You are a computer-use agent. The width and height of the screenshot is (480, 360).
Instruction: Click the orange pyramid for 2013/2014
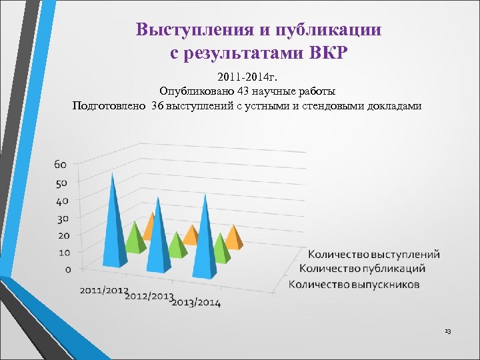pos(233,237)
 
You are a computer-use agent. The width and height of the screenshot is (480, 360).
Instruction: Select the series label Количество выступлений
pos(373,254)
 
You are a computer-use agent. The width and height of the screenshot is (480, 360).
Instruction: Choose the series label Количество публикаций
pos(363,269)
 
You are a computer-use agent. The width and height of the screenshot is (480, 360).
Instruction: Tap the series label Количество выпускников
pos(354,285)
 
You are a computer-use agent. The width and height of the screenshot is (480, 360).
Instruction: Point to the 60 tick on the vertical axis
pos(61,165)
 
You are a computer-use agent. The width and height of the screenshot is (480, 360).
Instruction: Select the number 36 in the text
pos(157,105)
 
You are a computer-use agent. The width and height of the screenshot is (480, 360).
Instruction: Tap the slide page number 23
pos(447,331)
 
